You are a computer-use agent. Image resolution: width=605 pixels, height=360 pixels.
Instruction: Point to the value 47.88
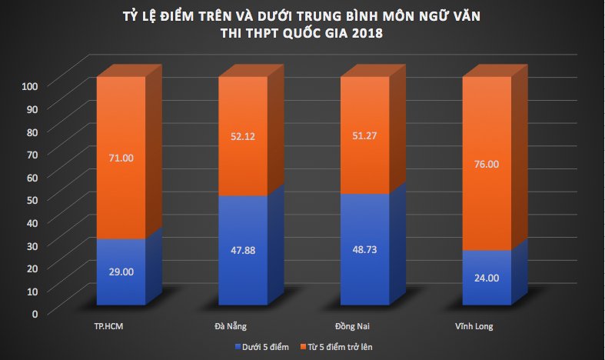click(x=242, y=249)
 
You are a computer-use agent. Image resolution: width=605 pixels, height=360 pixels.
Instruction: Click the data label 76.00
click(x=487, y=164)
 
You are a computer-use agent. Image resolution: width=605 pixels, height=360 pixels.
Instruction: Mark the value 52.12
click(x=242, y=137)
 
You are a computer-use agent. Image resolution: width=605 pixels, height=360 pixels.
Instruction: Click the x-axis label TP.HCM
click(x=107, y=327)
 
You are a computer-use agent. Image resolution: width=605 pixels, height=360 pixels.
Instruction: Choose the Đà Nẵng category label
click(x=228, y=327)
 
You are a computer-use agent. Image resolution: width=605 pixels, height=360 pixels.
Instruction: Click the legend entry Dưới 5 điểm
click(x=266, y=348)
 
